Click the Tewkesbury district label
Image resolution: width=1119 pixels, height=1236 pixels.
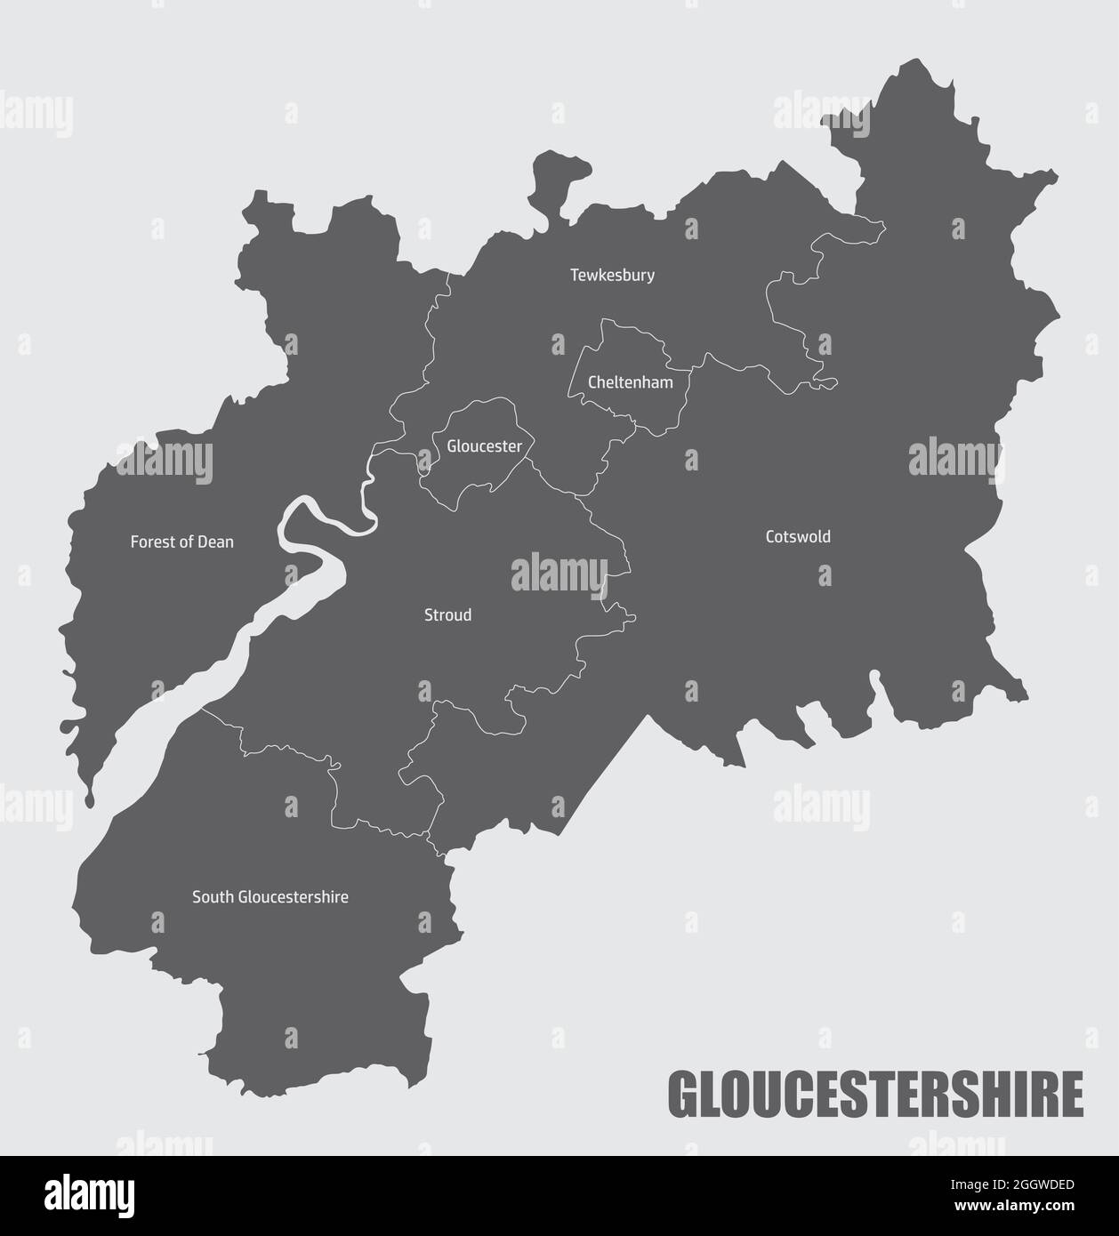(612, 276)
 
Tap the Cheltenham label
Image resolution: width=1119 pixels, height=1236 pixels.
(631, 383)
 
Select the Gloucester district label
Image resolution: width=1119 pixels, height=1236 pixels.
(484, 446)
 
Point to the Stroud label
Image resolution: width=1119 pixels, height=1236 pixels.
(447, 615)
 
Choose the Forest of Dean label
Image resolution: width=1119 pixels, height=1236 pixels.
(182, 542)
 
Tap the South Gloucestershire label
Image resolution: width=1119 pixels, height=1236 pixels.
(270, 897)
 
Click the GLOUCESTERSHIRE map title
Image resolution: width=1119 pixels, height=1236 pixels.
(875, 1095)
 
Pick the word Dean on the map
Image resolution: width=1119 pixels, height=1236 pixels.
(217, 542)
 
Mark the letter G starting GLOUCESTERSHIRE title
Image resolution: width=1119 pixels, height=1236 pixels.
(683, 1095)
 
